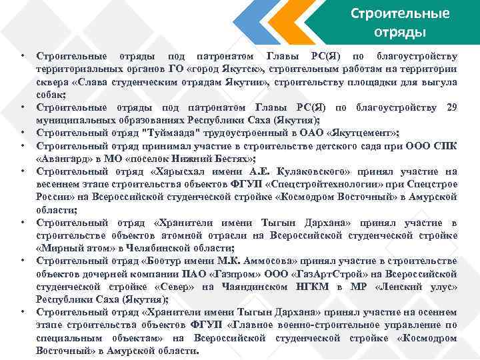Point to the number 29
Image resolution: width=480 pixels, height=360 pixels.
[x=451, y=107]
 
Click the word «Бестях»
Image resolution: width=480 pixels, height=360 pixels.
[x=230, y=159]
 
